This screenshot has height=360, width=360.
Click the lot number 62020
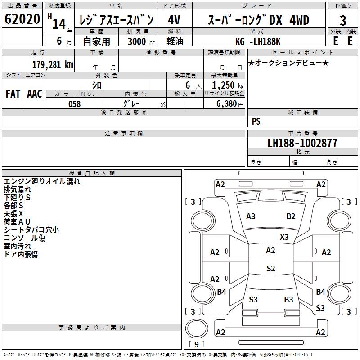pos(22,19)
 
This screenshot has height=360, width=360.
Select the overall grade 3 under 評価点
pos(343,20)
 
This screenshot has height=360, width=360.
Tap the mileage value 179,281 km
pos(53,64)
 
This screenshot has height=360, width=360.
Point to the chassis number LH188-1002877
pos(302,143)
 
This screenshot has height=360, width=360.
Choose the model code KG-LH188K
pos(258,41)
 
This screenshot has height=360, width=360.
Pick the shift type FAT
pos(13,94)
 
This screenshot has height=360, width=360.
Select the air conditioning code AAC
pos(35,94)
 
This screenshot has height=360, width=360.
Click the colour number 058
pos(75,104)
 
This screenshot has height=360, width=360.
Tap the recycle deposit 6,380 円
pos(230,104)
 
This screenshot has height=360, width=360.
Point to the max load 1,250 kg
pos(228,85)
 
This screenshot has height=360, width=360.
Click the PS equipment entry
pos(256,121)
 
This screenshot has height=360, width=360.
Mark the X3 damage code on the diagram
pos(284,237)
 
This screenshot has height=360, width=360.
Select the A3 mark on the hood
pos(251,216)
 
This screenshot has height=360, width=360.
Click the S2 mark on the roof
pos(271,268)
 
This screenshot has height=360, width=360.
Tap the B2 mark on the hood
pos(291,216)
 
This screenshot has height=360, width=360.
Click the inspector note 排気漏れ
pos(18,189)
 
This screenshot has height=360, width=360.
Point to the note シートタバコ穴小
pos(31,230)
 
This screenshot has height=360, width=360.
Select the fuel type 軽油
pos(175,41)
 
